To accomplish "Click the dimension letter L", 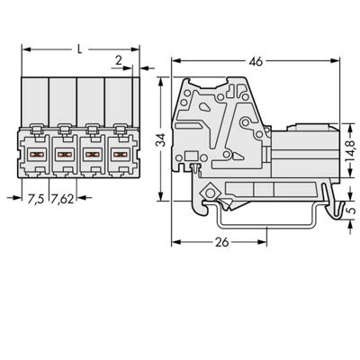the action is click(x=79, y=49).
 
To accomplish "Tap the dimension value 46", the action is click(x=256, y=61).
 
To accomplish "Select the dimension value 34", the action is click(x=162, y=139).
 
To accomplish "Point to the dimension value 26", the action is click(x=222, y=242).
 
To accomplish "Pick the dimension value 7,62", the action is click(x=62, y=199).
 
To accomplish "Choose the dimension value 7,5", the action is click(x=36, y=199).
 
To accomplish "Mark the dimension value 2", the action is click(x=119, y=60).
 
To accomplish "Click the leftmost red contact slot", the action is click(x=36, y=155).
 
